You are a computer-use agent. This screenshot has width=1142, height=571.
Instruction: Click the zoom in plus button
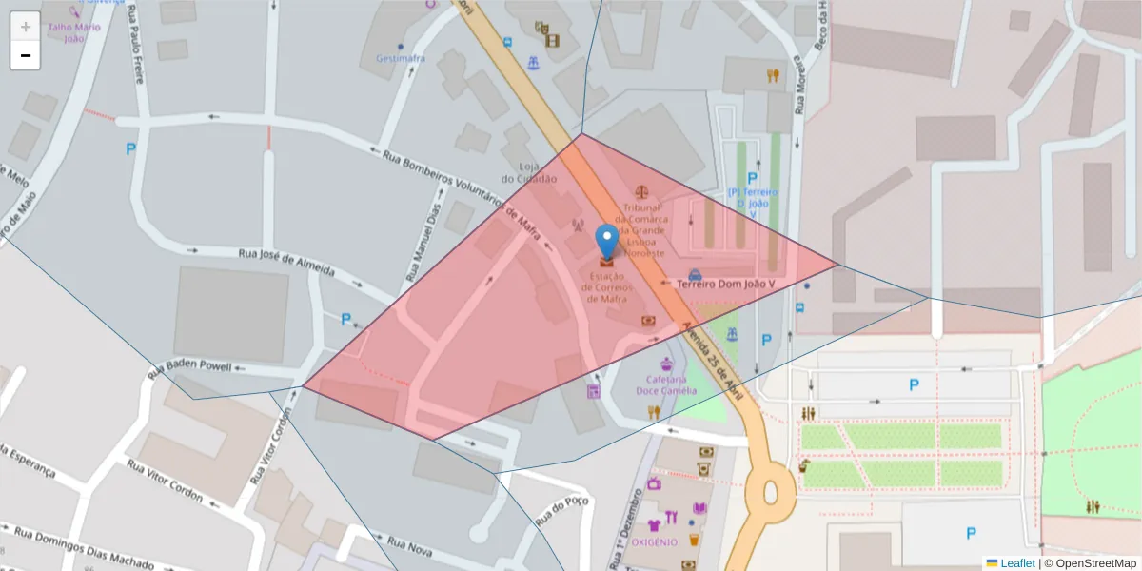(26, 27)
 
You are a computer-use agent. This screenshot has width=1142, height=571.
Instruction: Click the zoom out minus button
(26, 56)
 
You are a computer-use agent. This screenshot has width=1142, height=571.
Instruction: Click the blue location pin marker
(606, 241)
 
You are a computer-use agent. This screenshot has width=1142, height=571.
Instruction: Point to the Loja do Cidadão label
(528, 172)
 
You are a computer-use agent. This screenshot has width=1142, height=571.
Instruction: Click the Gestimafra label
(401, 58)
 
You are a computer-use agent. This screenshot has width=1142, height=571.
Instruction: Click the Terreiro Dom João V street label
(725, 284)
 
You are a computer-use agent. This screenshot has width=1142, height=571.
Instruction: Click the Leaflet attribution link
(1017, 563)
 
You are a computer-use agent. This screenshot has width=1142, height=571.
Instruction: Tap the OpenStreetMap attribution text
(1091, 563)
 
